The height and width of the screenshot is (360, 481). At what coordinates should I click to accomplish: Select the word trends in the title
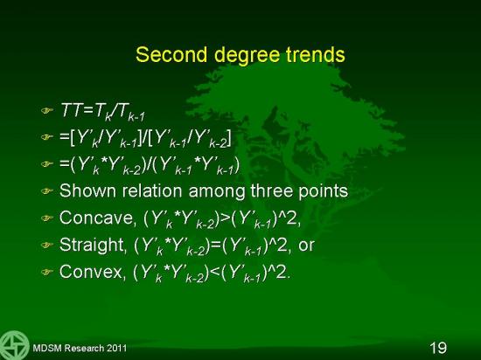coord(316,54)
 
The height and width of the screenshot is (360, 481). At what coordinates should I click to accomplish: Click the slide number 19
coord(438,348)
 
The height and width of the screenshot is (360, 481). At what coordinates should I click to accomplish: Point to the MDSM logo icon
coord(14,345)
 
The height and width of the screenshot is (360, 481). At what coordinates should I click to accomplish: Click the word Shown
coord(88,190)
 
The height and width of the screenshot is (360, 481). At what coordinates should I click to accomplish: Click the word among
coord(217,192)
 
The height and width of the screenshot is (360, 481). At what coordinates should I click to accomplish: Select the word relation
coord(152,190)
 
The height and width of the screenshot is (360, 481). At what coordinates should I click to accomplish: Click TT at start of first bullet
coord(72,109)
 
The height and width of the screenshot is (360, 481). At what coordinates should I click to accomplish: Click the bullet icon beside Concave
coord(47,218)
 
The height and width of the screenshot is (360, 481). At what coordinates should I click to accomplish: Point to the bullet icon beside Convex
coord(47,272)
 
